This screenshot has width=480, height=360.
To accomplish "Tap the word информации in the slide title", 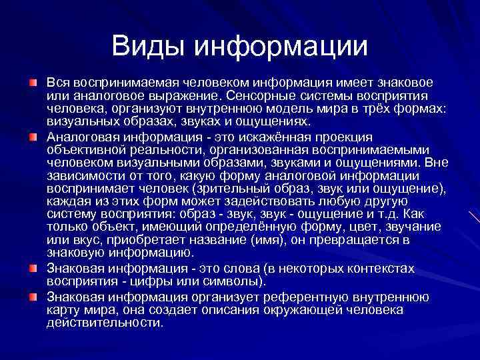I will click(x=281, y=45).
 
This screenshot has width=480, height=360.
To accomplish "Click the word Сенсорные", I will click(x=261, y=95).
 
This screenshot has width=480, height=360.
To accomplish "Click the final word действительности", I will click(x=105, y=323).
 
